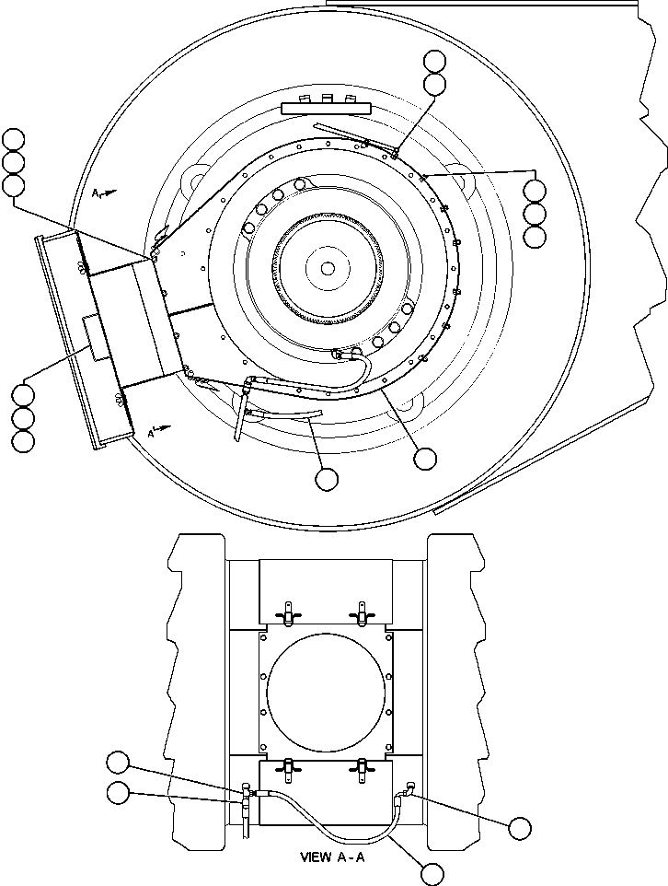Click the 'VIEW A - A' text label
pyautogui.click(x=333, y=856)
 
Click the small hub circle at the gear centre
pyautogui.click(x=328, y=268)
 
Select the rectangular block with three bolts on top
pyautogui.click(x=326, y=107)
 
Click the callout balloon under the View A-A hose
pyautogui.click(x=430, y=872)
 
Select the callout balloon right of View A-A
pyautogui.click(x=520, y=827)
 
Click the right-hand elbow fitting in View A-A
pyautogui.click(x=406, y=789)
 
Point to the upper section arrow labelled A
pyautogui.click(x=104, y=193)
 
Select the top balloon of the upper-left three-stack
pyautogui.click(x=14, y=140)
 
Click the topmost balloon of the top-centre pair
pyautogui.click(x=434, y=62)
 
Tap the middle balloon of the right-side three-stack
pyautogui.click(x=534, y=214)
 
